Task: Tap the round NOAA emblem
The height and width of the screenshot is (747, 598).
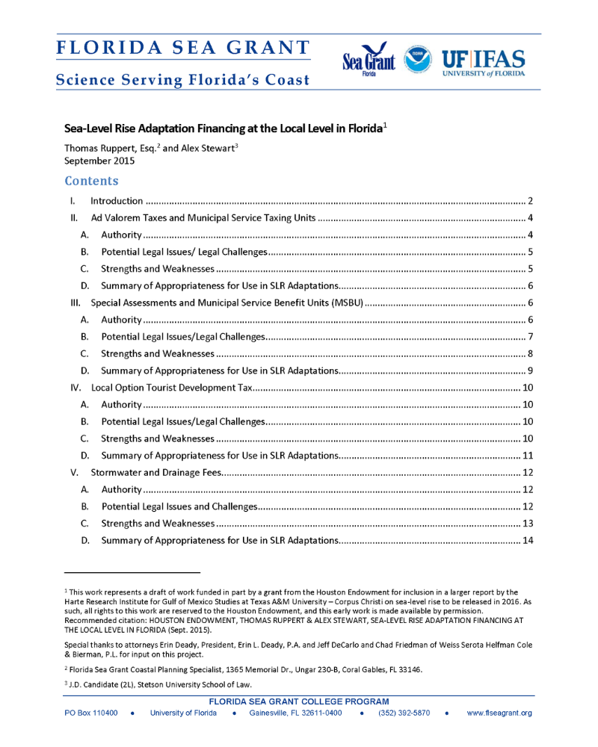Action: (x=417, y=60)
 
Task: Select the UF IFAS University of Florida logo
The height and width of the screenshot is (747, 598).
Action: (x=483, y=63)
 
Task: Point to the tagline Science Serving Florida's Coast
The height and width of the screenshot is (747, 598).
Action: (x=182, y=80)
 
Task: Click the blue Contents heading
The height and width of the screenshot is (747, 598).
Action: (x=91, y=181)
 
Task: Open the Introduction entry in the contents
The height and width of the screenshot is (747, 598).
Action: (x=117, y=201)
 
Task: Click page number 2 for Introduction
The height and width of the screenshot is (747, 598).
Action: (x=529, y=201)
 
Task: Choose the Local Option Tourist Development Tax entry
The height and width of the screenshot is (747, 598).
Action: (x=172, y=388)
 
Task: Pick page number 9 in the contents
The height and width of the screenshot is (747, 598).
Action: (x=529, y=371)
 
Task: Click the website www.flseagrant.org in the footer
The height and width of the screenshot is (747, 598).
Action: (x=499, y=713)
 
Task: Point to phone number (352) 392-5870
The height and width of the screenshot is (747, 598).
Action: (x=404, y=713)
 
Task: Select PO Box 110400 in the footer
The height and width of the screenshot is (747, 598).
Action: (x=92, y=713)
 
